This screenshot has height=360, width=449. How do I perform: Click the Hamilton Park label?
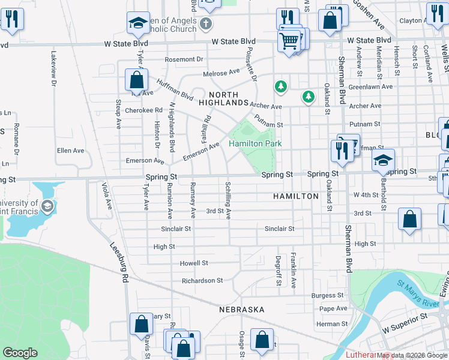click(255, 144)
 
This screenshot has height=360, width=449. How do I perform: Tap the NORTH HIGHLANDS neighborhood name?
click(223, 99)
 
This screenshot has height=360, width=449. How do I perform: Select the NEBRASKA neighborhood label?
click(241, 310)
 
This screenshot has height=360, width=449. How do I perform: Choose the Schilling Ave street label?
click(228, 200)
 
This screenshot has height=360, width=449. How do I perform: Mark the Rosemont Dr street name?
click(184, 59)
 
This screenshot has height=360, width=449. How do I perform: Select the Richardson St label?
click(202, 280)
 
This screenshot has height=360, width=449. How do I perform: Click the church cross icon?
click(206, 24)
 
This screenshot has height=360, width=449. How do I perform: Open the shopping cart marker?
click(289, 41)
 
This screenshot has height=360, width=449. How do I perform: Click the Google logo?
click(20, 353)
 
